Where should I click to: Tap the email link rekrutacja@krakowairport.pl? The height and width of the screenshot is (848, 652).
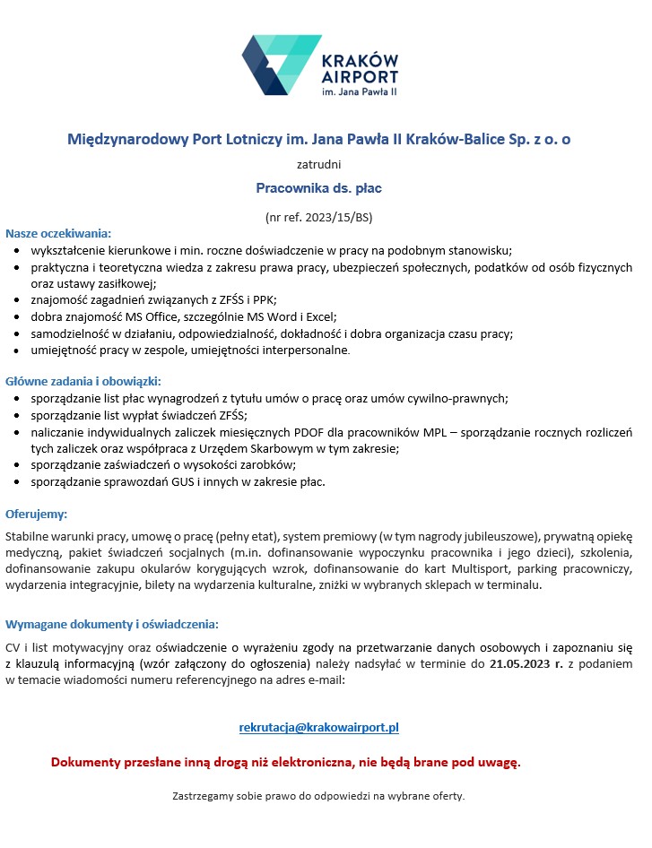(318, 727)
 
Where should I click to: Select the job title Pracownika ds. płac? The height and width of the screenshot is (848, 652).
(318, 189)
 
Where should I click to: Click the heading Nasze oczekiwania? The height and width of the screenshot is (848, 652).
(58, 234)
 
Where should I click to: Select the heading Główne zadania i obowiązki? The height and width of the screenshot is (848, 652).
(83, 381)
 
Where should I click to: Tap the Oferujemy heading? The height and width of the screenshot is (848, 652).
(37, 515)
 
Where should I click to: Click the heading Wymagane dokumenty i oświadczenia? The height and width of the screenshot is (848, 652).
(112, 624)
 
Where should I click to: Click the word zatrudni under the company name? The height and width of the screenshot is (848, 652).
(318, 164)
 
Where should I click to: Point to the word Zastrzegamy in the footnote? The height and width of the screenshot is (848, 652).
(202, 796)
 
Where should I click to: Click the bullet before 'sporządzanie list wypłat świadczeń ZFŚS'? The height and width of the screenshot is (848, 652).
(21, 415)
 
